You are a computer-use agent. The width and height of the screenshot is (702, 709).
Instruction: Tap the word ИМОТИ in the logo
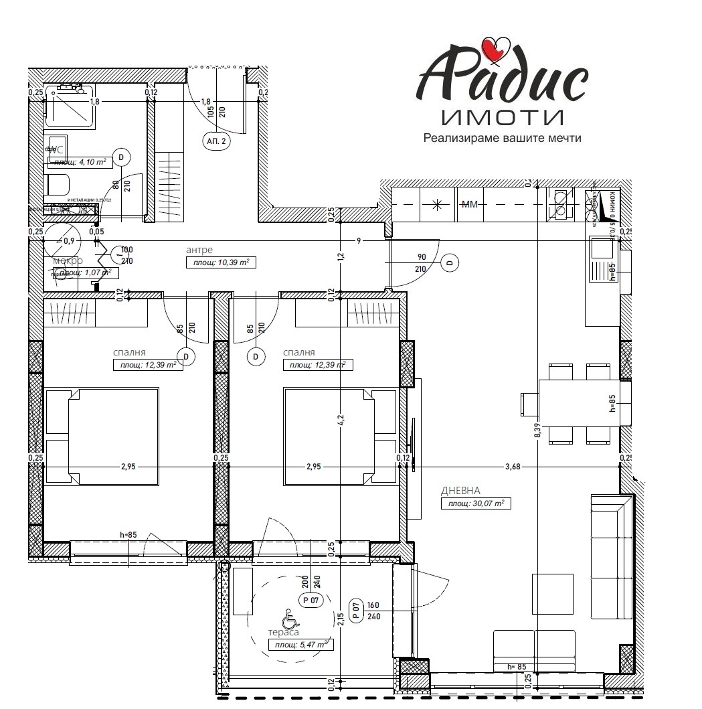coord(502,118)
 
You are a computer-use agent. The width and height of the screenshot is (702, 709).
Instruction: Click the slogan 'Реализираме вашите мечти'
coord(502,139)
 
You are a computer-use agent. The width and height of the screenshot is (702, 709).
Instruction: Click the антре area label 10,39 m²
coord(221,262)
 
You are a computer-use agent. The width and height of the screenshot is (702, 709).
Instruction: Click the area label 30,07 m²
coord(475,503)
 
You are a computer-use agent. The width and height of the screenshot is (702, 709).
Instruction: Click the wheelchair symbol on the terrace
coord(289,615)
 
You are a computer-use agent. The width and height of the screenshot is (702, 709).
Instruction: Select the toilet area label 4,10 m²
coord(80,162)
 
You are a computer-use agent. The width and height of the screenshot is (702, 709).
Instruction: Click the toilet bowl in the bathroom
coord(58,184)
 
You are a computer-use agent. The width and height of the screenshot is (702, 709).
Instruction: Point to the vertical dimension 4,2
coord(340,420)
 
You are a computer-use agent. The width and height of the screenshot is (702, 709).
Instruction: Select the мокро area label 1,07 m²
coord(85,273)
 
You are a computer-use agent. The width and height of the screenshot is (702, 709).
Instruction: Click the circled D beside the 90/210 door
coord(449,263)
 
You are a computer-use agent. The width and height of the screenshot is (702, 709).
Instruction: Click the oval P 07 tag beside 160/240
coord(356,610)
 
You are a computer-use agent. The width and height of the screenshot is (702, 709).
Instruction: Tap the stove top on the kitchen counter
coord(560,204)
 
